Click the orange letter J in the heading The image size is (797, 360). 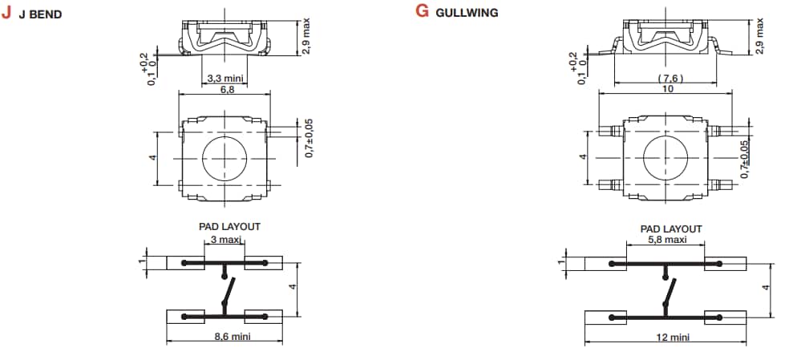(x=7, y=13)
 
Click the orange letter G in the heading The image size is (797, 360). (x=422, y=13)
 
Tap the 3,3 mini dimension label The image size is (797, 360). (x=225, y=79)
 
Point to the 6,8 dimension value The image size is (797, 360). (x=226, y=90)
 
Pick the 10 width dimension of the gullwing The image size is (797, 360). (x=667, y=89)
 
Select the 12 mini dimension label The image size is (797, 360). (x=672, y=338)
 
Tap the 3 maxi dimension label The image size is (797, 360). (x=225, y=240)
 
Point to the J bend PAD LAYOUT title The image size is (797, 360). (x=229, y=227)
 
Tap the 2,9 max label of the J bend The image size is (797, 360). (x=305, y=35)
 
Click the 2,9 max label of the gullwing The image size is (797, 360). (x=759, y=35)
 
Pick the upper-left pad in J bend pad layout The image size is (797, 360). (x=186, y=263)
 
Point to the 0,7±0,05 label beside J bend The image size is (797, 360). (x=309, y=138)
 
